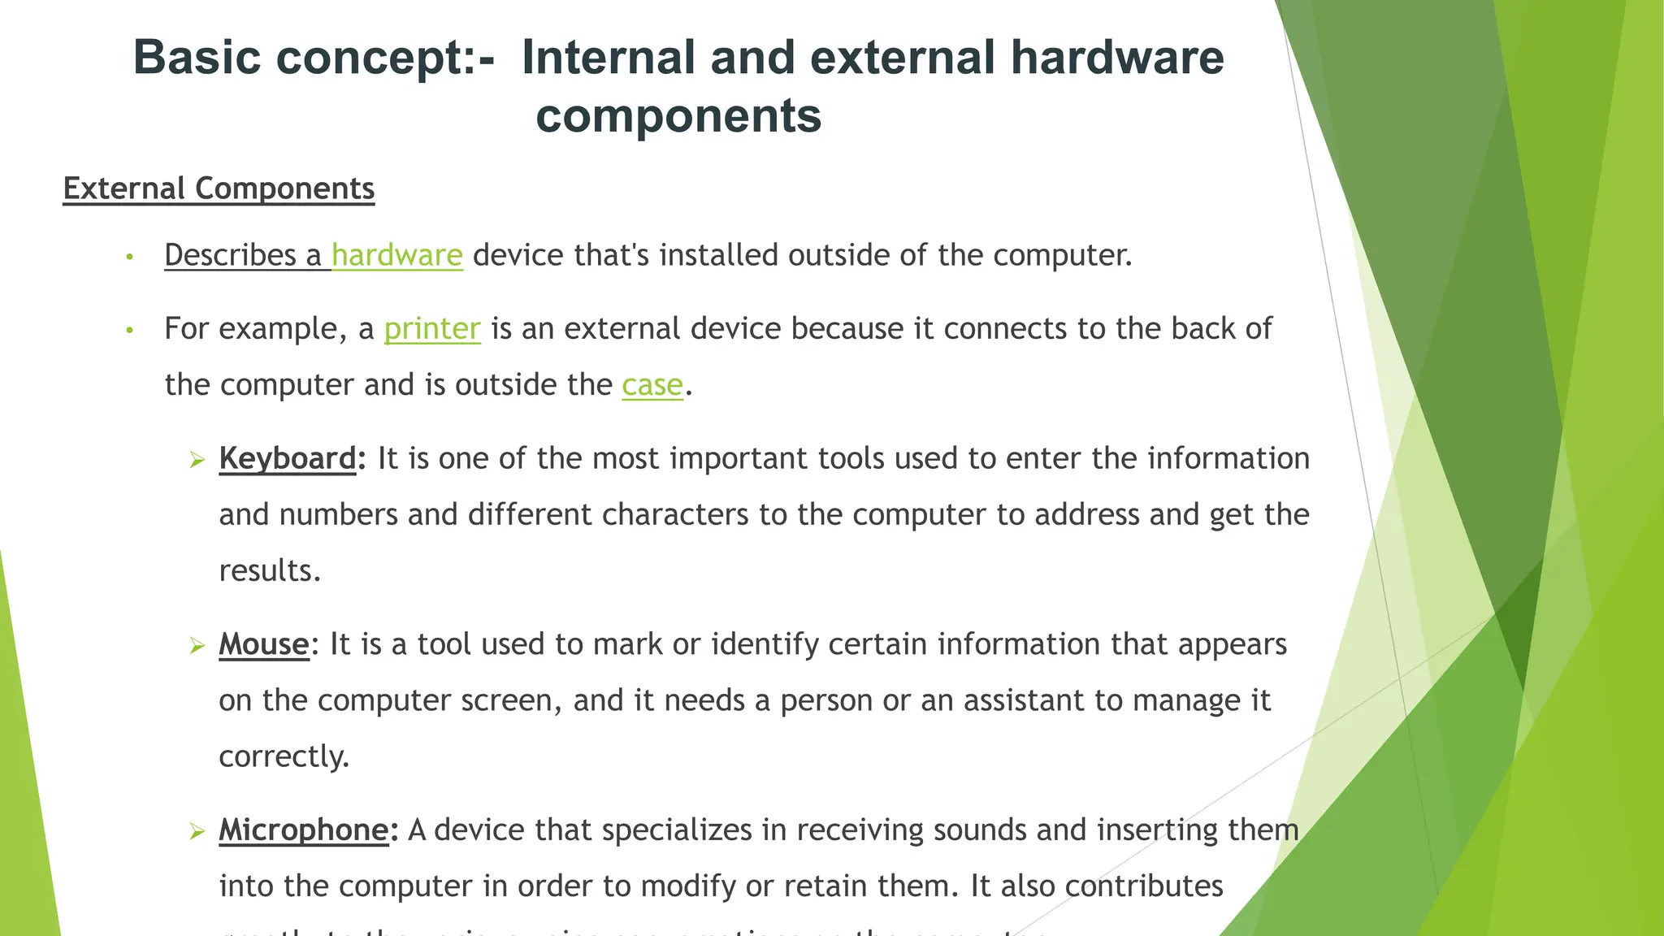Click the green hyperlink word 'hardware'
(x=396, y=256)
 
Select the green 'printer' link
(x=432, y=329)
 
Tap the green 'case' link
(x=652, y=385)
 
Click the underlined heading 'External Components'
(x=219, y=188)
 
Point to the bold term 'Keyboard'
(x=288, y=459)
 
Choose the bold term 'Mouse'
(x=264, y=645)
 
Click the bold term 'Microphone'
(x=304, y=830)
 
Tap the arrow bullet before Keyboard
(x=197, y=461)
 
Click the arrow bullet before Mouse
(x=197, y=647)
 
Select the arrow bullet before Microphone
(x=197, y=832)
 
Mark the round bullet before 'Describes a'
(x=129, y=258)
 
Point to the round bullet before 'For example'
(x=129, y=331)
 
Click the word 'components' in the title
(x=678, y=115)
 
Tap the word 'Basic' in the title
(x=197, y=58)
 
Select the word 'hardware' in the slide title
(x=1117, y=58)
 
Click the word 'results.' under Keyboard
(x=270, y=571)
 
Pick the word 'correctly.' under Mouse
(x=284, y=757)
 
